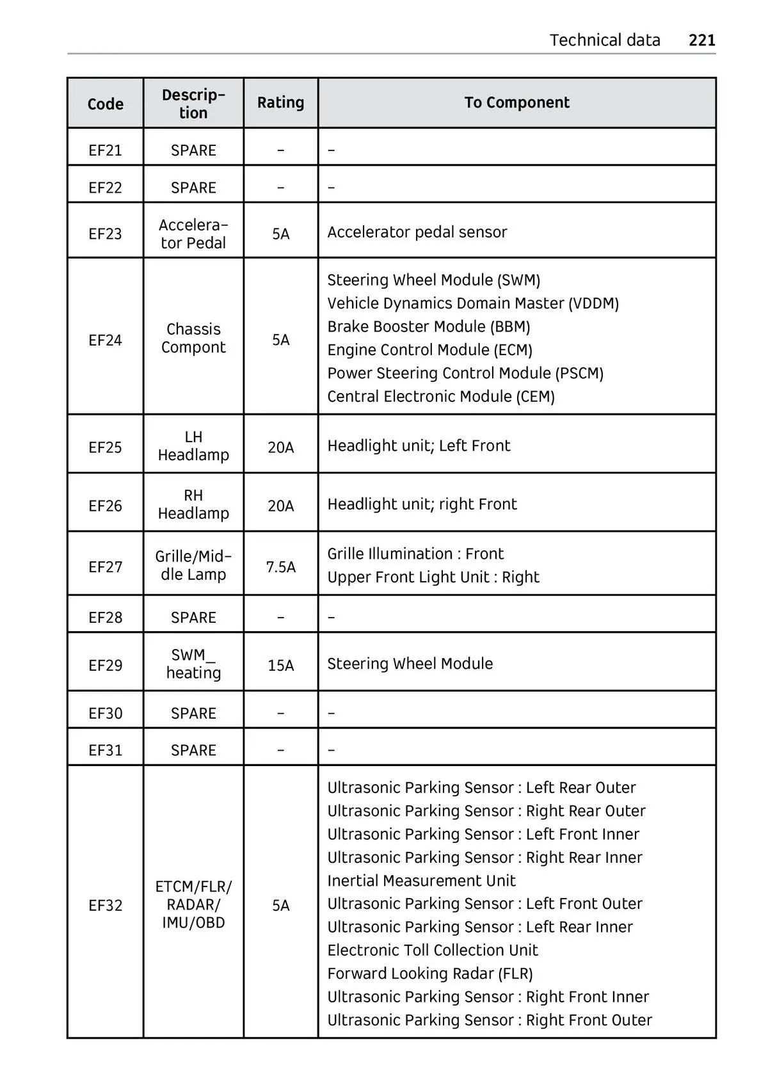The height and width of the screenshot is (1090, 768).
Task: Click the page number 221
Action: (x=701, y=40)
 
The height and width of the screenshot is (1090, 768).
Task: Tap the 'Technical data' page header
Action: (x=604, y=40)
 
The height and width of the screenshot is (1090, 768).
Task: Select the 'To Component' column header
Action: (x=516, y=102)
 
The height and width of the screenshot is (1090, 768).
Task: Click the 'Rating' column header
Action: (x=280, y=102)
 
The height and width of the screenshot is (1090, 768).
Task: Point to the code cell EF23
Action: (x=105, y=234)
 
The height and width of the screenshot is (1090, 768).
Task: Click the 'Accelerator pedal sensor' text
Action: (x=417, y=232)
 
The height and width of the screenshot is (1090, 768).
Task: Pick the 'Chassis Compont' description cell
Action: (x=193, y=338)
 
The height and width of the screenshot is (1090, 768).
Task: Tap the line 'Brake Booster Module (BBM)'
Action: (x=428, y=326)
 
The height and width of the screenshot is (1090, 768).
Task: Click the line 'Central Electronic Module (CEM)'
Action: (x=440, y=396)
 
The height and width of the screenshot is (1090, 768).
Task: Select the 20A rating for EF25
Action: (x=280, y=447)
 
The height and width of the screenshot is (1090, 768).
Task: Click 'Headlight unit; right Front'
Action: (x=422, y=504)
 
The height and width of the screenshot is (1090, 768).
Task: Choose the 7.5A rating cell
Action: (x=280, y=566)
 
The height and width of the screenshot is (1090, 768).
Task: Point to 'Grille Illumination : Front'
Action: (x=415, y=554)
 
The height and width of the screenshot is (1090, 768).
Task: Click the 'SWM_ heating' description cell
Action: (x=193, y=664)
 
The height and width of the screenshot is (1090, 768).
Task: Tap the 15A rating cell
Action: (x=280, y=665)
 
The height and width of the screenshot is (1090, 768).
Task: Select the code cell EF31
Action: (x=105, y=749)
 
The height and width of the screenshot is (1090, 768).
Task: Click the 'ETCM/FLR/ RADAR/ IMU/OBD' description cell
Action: (x=193, y=904)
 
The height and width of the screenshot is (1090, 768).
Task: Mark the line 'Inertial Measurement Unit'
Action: (x=421, y=881)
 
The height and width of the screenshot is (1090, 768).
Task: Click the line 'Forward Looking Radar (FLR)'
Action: (x=429, y=974)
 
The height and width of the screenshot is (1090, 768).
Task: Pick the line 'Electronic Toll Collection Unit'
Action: (x=432, y=950)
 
